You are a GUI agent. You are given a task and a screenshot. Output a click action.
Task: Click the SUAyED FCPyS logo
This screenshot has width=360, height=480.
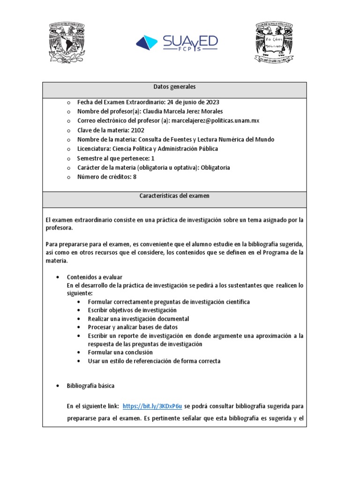click(x=177, y=43)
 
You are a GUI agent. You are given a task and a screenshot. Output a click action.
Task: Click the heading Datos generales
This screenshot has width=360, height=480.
click(x=174, y=87)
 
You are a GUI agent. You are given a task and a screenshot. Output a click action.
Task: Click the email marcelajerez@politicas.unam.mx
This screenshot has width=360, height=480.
click(x=216, y=121)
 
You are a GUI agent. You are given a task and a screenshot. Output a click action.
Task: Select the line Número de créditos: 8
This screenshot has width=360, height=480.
click(x=107, y=177)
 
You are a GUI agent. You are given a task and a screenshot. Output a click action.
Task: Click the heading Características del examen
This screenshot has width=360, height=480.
click(x=174, y=196)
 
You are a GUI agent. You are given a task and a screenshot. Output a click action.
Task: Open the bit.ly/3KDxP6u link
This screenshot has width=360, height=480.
click(x=152, y=406)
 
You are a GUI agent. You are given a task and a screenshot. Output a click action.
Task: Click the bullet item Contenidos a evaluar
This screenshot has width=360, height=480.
click(x=95, y=277)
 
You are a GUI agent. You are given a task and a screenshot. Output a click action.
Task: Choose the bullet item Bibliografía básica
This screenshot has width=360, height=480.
click(x=91, y=386)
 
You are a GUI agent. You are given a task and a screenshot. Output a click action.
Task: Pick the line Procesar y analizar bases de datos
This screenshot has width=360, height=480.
click(x=133, y=327)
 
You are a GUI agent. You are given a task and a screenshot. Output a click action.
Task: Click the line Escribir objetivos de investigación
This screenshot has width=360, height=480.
click(x=132, y=310)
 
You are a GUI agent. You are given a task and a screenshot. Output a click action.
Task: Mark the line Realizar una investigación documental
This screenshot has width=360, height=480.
click(x=138, y=319)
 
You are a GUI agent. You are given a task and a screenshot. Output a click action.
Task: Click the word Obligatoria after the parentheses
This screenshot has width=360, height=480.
click(x=215, y=168)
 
